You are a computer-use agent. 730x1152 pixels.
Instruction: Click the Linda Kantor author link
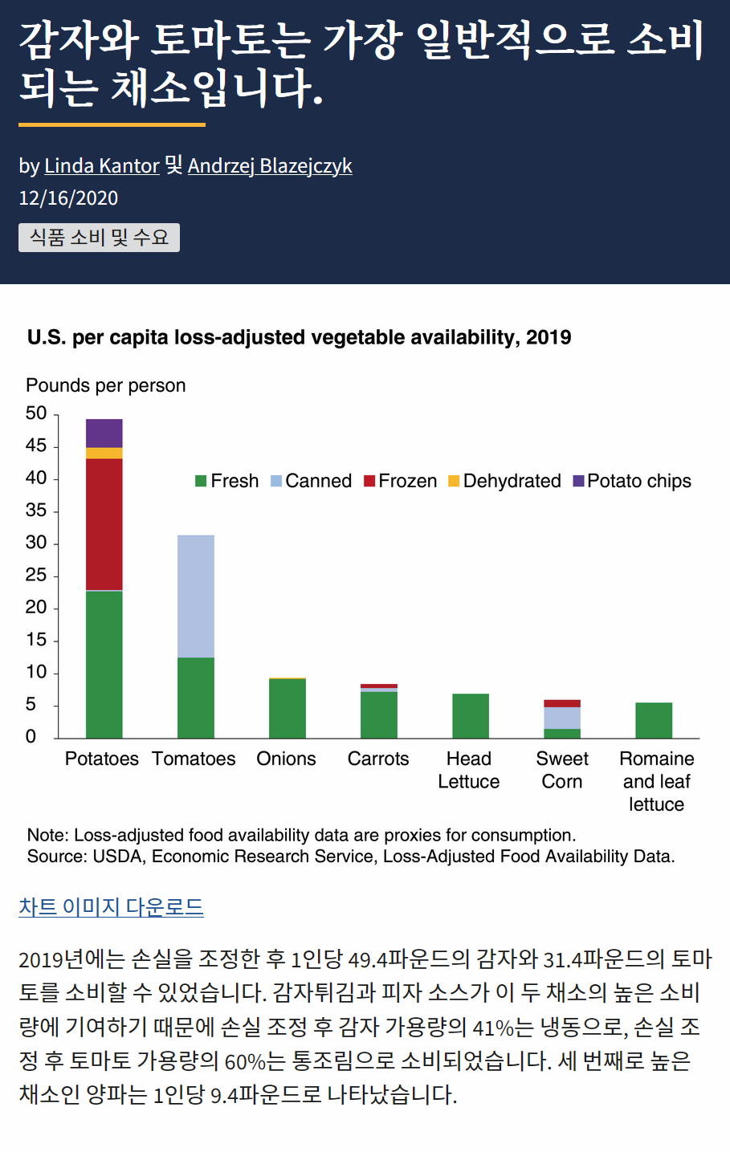pos(101,165)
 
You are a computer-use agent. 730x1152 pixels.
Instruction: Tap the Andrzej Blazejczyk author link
pos(270,165)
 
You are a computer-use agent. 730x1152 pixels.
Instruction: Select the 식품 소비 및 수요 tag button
pos(99,238)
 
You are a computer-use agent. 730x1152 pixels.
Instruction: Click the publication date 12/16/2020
pos(68,198)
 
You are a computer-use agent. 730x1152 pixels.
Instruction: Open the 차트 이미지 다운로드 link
pos(111,906)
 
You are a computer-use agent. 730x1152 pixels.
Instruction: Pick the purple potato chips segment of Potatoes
pos(104,433)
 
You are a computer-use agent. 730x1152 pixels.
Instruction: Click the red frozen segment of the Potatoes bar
pos(104,523)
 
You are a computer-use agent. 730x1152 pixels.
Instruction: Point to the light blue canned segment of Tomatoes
pos(196,596)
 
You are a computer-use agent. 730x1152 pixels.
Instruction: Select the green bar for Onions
pos(288,708)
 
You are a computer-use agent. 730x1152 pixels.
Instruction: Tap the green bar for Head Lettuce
pos(471,715)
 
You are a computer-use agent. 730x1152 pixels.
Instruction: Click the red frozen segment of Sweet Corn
pos(562,703)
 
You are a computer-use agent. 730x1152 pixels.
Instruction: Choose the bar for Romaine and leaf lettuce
pos(654,720)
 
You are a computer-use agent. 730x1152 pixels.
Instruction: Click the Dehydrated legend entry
pos(504,481)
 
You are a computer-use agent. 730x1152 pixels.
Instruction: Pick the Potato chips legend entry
pos(632,481)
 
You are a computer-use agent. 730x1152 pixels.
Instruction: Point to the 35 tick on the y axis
pos(36,511)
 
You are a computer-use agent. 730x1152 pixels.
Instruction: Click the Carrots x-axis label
pos(378,759)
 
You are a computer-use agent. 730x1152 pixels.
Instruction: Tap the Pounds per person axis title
pos(106,385)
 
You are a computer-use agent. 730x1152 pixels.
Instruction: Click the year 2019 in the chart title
pos(549,337)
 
